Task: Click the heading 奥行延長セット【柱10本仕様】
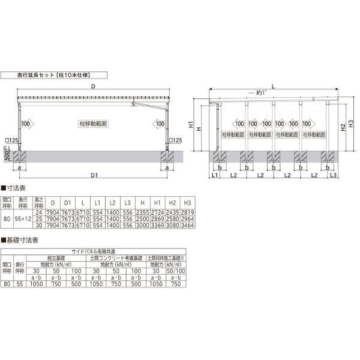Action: coord(53,76)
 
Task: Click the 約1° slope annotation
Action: coord(258,93)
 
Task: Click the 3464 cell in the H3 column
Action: coord(188,225)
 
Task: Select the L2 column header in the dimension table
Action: coord(112,202)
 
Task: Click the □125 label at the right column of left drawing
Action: coord(175,140)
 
